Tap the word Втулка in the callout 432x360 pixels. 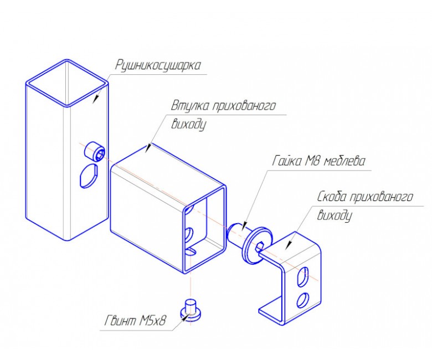click(190, 105)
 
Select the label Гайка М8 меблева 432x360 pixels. click(318, 161)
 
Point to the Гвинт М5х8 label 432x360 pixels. click(136, 320)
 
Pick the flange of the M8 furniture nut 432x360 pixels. click(256, 246)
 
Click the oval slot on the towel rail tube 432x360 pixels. click(88, 176)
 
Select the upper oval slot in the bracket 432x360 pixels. click(302, 276)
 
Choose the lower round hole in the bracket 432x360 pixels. click(302, 300)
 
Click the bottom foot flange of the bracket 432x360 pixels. click(271, 310)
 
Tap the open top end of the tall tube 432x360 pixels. click(66, 83)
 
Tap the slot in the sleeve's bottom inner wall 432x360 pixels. click(190, 251)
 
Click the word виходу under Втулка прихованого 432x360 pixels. click(188, 125)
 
